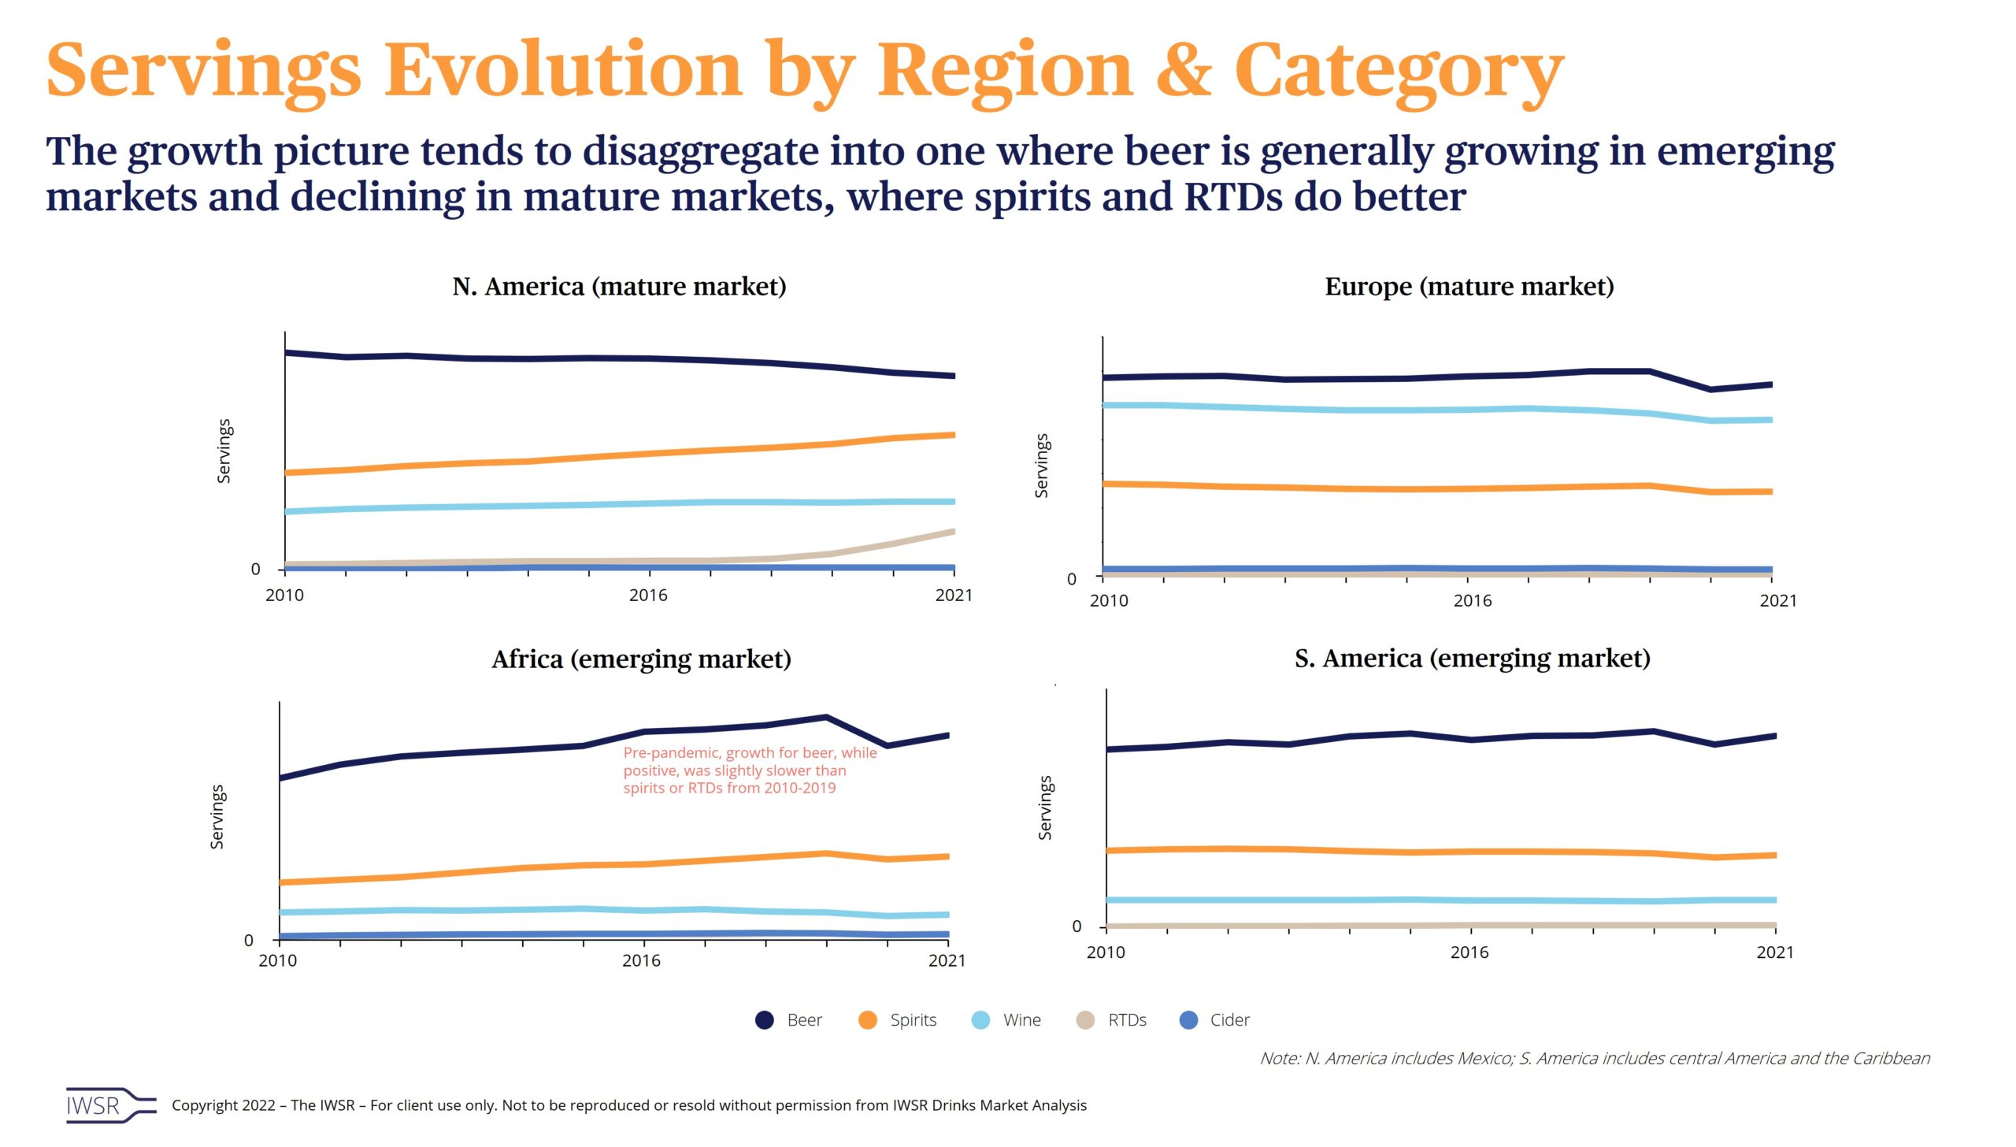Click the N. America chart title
tap(619, 287)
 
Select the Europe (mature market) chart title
tap(1469, 287)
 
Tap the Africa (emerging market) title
tap(641, 659)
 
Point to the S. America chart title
tap(1472, 658)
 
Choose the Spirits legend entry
tap(898, 1020)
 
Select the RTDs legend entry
tap(1111, 1020)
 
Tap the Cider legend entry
tap(1214, 1020)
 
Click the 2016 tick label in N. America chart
tap(647, 596)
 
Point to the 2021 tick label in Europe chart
tap(1777, 601)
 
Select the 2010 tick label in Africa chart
tap(278, 960)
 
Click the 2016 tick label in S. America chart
tap(1469, 952)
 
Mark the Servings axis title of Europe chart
tap(1041, 466)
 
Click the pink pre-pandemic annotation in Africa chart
tap(749, 770)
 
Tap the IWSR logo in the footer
tap(110, 1105)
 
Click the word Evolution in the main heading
tap(563, 71)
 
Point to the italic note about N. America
tap(1595, 1058)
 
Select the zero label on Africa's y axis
tap(249, 940)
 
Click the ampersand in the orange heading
tap(1183, 71)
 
